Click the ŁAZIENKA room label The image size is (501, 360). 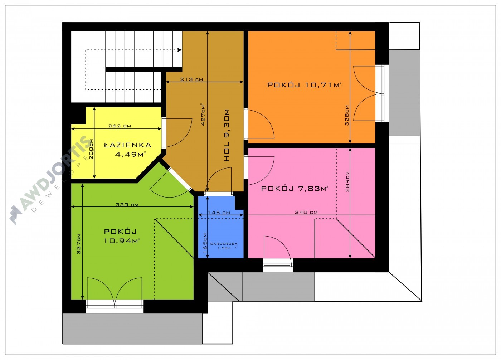(x=128, y=145)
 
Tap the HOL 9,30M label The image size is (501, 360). (x=227, y=135)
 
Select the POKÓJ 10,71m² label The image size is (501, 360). (x=305, y=85)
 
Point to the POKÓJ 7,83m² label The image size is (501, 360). (x=295, y=189)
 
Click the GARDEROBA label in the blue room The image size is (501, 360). (x=224, y=244)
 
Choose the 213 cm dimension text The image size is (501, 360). (x=191, y=79)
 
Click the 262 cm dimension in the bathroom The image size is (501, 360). (x=120, y=126)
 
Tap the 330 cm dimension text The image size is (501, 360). (x=127, y=205)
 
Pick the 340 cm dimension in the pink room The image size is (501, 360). (x=306, y=212)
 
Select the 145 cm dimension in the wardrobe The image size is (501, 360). (x=219, y=213)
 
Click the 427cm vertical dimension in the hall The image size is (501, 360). (x=203, y=114)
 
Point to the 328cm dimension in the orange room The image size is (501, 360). (x=347, y=115)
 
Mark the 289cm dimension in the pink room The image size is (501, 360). (x=347, y=181)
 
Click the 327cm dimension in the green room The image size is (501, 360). (x=78, y=244)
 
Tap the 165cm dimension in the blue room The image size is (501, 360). (x=205, y=243)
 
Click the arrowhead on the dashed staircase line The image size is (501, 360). (x=180, y=50)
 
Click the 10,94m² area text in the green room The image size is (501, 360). (x=122, y=241)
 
